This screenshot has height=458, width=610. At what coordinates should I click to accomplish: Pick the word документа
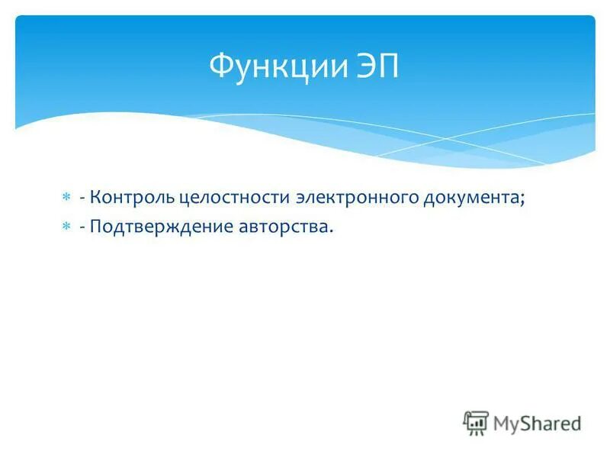pyautogui.click(x=471, y=198)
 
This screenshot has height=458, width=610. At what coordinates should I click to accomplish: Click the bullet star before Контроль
pyautogui.click(x=66, y=198)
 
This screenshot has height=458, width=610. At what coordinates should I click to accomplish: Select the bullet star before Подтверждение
pyautogui.click(x=66, y=227)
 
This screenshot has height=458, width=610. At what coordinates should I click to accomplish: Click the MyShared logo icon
pyautogui.click(x=476, y=422)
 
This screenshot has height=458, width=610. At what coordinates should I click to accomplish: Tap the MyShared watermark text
pyautogui.click(x=537, y=423)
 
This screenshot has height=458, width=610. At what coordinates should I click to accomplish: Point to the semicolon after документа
pyautogui.click(x=523, y=200)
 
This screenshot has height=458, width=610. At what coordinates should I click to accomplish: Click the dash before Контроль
pyautogui.click(x=82, y=198)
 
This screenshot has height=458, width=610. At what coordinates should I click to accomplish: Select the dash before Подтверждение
pyautogui.click(x=82, y=227)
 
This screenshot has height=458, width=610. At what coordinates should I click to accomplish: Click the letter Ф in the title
pyautogui.click(x=222, y=67)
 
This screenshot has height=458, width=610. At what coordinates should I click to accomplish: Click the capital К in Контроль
pyautogui.click(x=94, y=198)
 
